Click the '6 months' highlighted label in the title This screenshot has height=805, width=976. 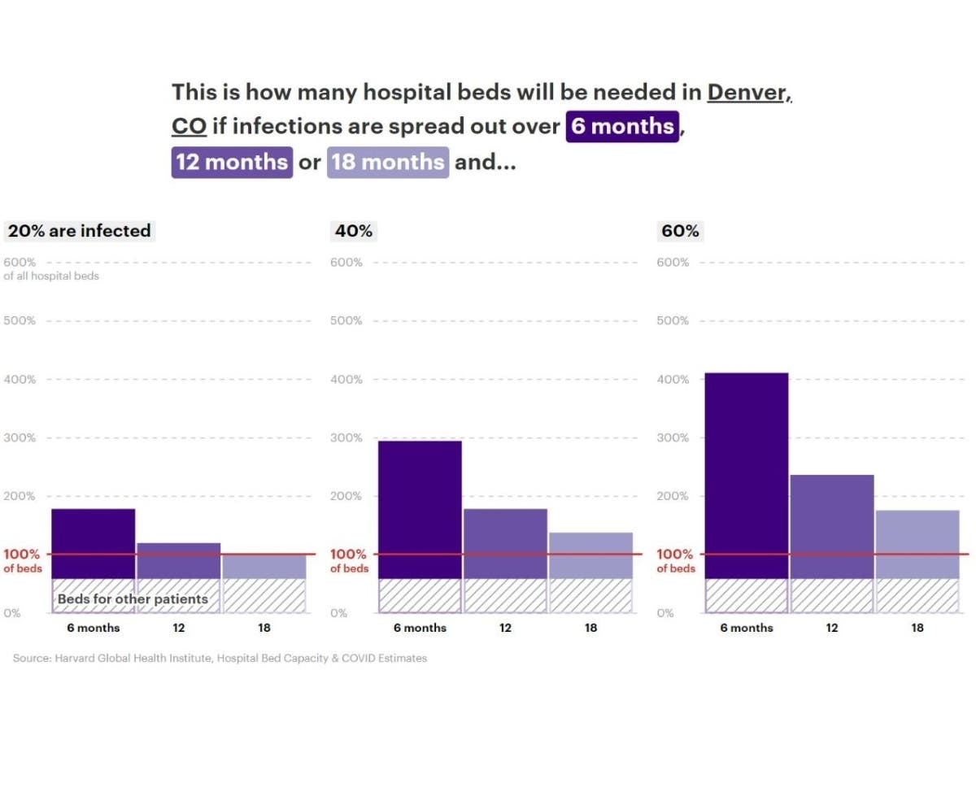click(x=622, y=127)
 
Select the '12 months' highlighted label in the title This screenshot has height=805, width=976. click(x=232, y=162)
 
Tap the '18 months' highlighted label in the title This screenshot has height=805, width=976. click(x=388, y=162)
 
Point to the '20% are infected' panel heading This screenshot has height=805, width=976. click(x=79, y=231)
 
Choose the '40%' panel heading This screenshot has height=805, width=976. click(x=354, y=231)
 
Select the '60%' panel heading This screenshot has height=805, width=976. click(x=680, y=231)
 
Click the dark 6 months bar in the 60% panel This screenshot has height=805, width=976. click(x=747, y=472)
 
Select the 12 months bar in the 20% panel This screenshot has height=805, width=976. click(x=179, y=560)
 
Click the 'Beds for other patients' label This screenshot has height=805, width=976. click(x=133, y=599)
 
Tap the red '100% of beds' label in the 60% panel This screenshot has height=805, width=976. click(x=675, y=561)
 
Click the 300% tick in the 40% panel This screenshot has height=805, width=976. click(x=346, y=437)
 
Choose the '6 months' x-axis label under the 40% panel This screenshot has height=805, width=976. click(x=420, y=628)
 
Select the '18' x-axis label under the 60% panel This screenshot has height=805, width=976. click(x=917, y=628)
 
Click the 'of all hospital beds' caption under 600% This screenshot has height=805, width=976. click(x=51, y=276)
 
